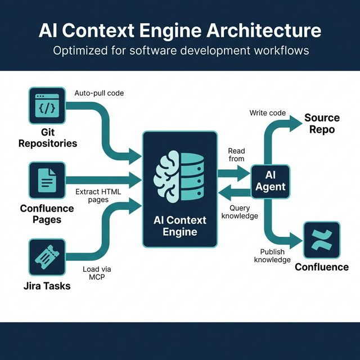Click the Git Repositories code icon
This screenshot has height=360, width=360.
(47, 105)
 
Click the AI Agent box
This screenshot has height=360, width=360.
(270, 182)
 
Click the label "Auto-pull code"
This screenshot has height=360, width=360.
(99, 92)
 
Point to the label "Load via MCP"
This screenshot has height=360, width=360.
(97, 273)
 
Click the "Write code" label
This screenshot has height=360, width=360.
(267, 113)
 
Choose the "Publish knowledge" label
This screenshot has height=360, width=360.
(272, 255)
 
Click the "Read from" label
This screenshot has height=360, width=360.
(236, 155)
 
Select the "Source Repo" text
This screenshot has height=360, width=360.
(322, 124)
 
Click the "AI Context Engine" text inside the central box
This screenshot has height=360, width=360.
(180, 226)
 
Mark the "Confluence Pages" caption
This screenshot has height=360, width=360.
(47, 214)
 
